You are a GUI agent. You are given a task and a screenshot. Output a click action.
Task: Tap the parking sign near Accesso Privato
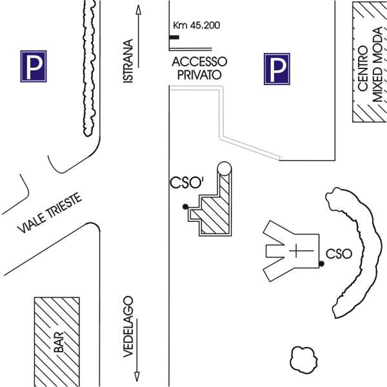[x=277, y=69]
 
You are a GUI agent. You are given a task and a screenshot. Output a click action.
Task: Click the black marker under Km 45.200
[x=174, y=37]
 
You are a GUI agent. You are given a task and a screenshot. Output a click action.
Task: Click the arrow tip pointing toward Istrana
[x=137, y=8]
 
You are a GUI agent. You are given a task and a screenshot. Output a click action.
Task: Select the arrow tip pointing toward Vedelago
[x=137, y=379]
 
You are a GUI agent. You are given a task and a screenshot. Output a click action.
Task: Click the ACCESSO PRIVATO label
[x=199, y=68]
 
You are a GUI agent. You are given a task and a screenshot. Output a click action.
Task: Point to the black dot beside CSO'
[x=185, y=206]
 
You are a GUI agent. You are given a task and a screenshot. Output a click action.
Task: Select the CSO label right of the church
[x=339, y=253]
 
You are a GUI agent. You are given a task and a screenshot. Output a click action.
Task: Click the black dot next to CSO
[x=321, y=264]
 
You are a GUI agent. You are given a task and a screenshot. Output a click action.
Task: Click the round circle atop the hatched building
[x=224, y=170]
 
